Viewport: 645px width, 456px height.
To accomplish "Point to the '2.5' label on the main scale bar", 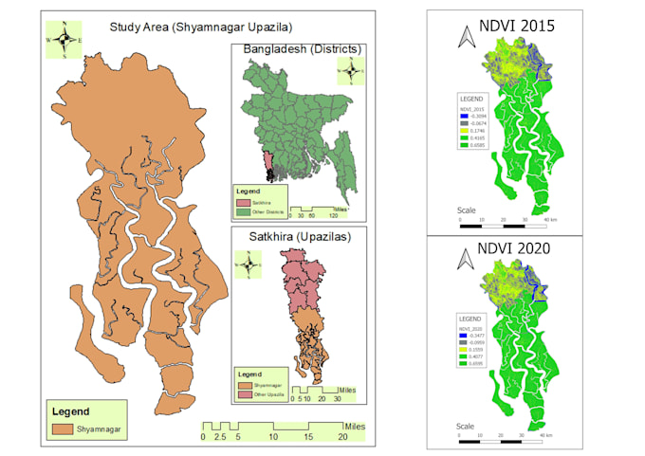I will tap(219, 439).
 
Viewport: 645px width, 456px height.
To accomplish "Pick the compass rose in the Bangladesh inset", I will tap(351, 69).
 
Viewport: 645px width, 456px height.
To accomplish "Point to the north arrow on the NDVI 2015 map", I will tap(466, 38).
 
